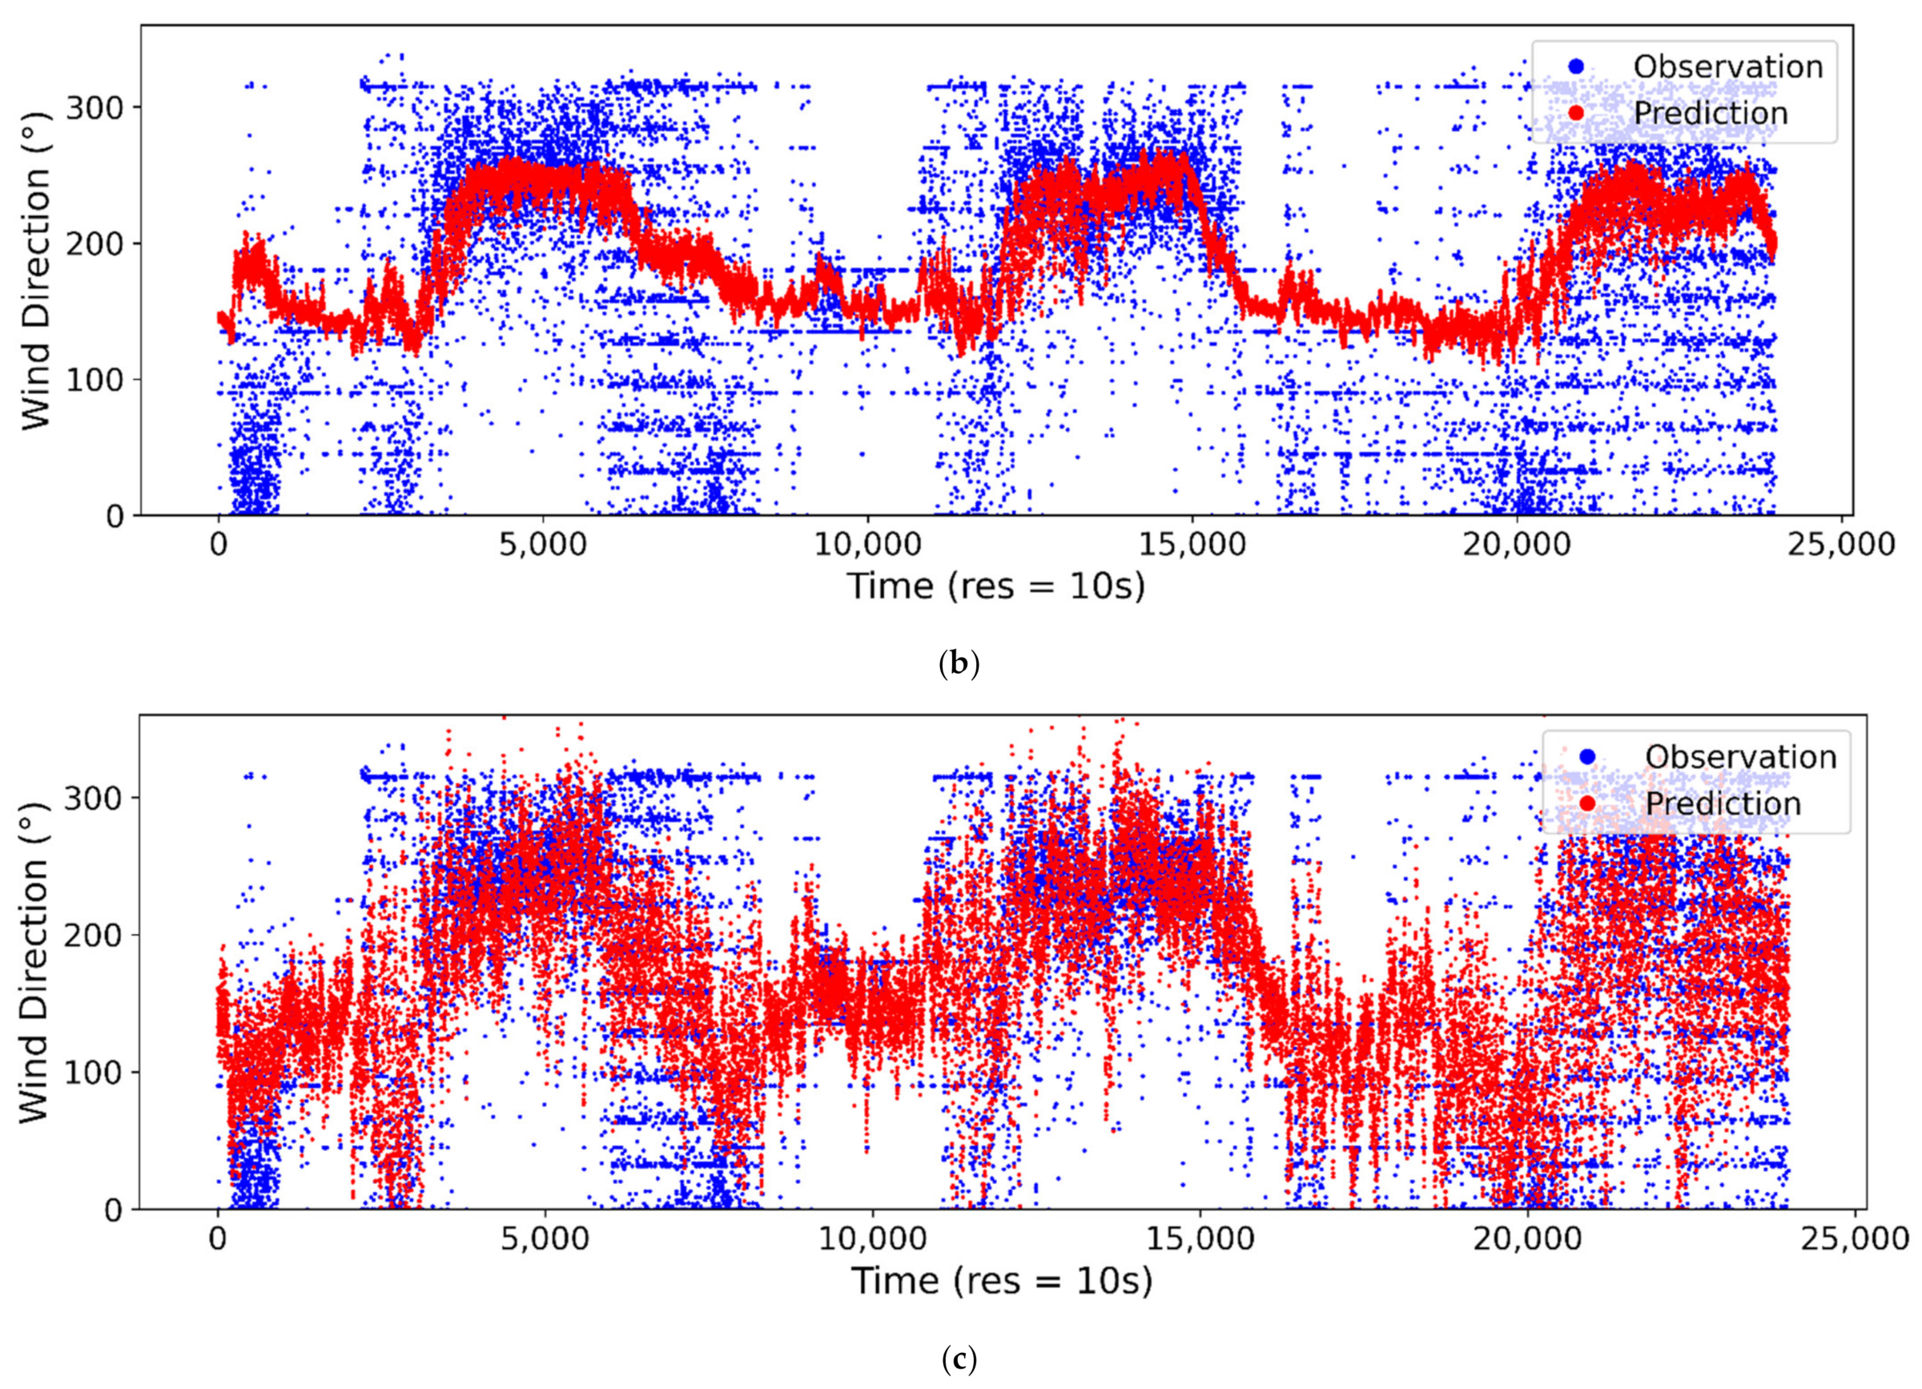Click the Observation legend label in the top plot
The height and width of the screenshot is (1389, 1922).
click(1728, 67)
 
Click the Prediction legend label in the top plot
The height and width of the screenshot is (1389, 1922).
click(1710, 114)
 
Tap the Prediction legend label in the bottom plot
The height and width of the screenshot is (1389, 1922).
click(1723, 803)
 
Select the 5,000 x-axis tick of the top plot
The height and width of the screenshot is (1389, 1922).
click(542, 544)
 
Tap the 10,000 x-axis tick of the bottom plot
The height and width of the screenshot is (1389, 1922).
click(873, 1238)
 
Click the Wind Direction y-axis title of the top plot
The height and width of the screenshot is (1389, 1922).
click(35, 272)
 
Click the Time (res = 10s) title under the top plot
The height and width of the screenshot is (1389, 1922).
click(996, 586)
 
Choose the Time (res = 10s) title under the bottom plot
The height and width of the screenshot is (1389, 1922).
click(1002, 1281)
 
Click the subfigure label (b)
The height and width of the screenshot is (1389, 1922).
click(959, 663)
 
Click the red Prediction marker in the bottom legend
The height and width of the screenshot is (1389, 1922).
click(1587, 803)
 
